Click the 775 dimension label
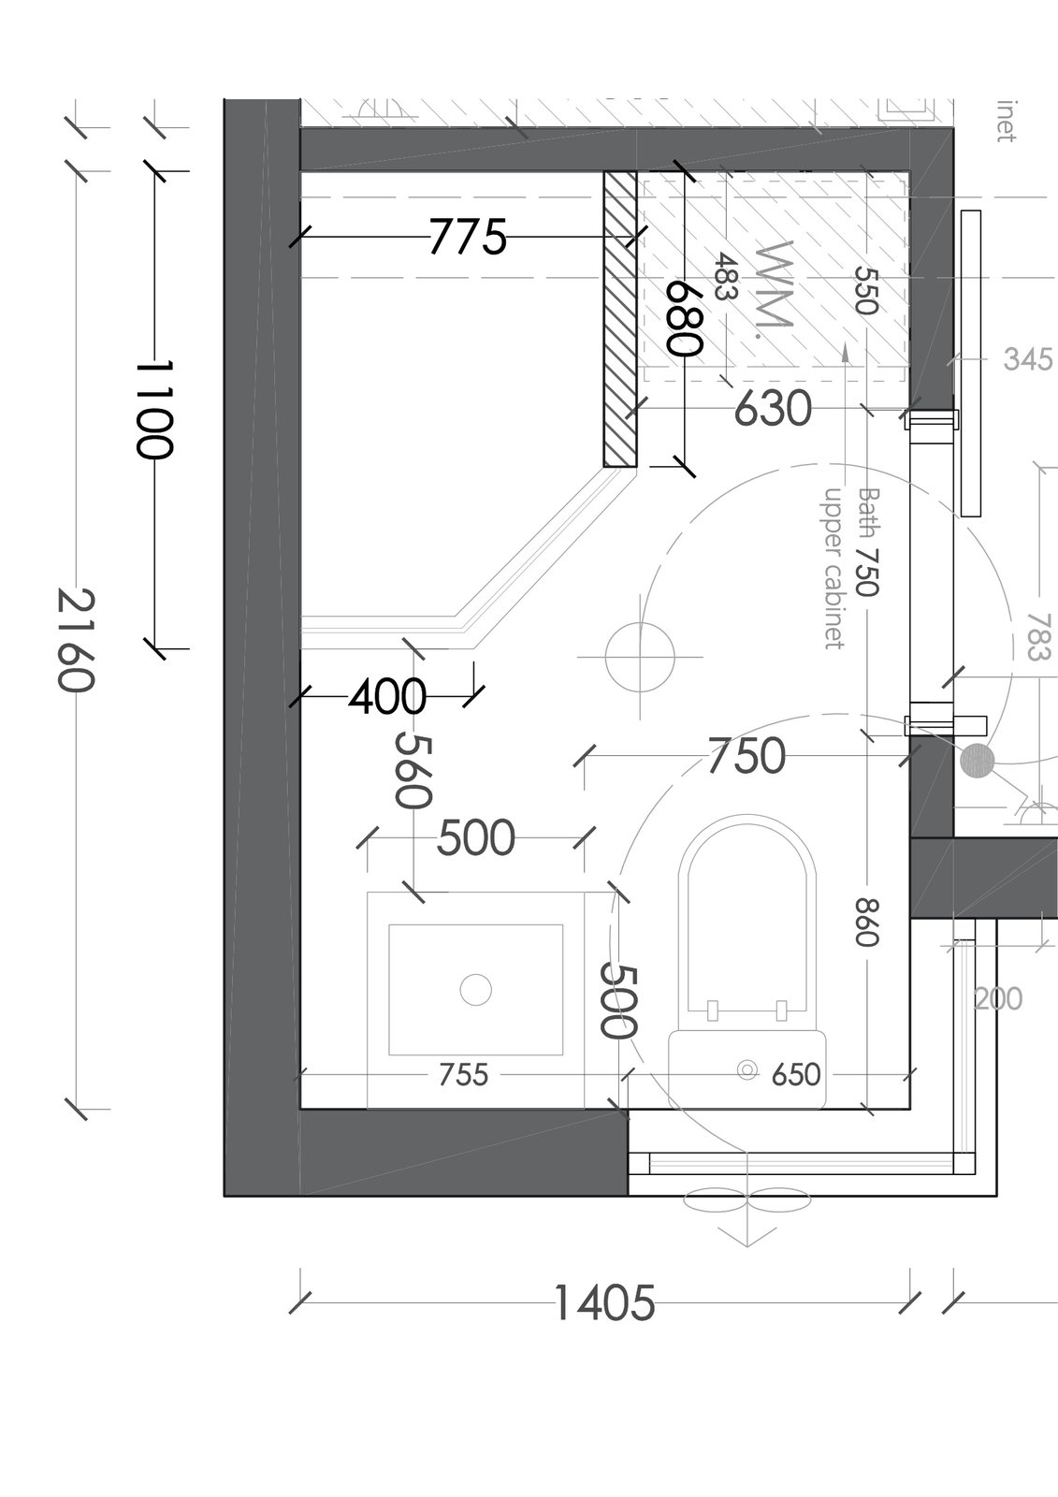[467, 237]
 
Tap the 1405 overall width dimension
[605, 1302]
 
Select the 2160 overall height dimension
[76, 640]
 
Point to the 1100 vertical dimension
[154, 410]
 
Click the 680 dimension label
[685, 317]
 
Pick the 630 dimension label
[774, 408]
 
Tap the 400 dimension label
[387, 697]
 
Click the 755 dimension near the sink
[464, 1075]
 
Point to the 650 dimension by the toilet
[796, 1075]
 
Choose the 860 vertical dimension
[866, 923]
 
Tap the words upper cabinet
[833, 568]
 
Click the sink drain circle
[476, 989]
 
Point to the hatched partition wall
[619, 319]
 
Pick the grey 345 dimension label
[1028, 360]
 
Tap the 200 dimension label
[998, 999]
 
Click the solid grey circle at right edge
[978, 761]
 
